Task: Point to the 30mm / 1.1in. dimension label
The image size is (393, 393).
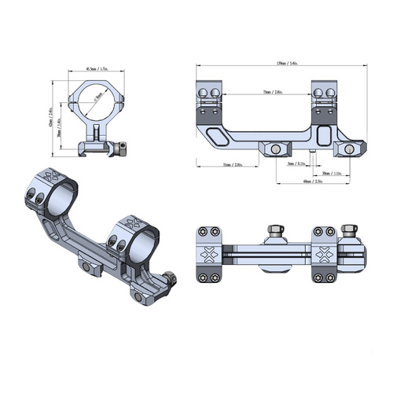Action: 333,173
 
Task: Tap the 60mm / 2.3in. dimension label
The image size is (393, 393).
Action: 314,182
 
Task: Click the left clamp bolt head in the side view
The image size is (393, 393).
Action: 277,149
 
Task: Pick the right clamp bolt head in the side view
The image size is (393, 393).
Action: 346,148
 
